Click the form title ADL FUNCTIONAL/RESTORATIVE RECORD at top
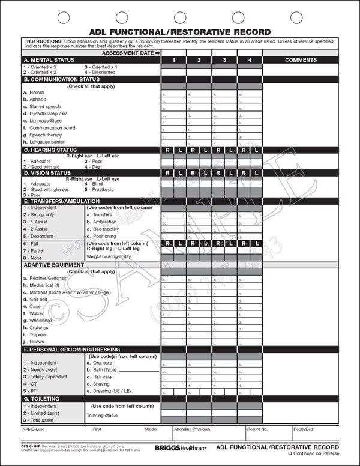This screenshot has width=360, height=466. tap(179, 31)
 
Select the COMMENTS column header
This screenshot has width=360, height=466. tap(301, 60)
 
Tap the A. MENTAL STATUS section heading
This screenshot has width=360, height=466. tap(49, 61)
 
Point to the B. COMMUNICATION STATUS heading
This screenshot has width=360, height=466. tap(61, 79)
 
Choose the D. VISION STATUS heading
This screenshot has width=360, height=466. tap(48, 172)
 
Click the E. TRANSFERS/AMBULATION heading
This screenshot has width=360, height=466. tap(61, 201)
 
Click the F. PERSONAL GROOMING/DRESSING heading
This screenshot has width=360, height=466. tap(71, 349)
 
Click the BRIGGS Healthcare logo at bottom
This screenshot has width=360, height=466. tap(179, 447)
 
